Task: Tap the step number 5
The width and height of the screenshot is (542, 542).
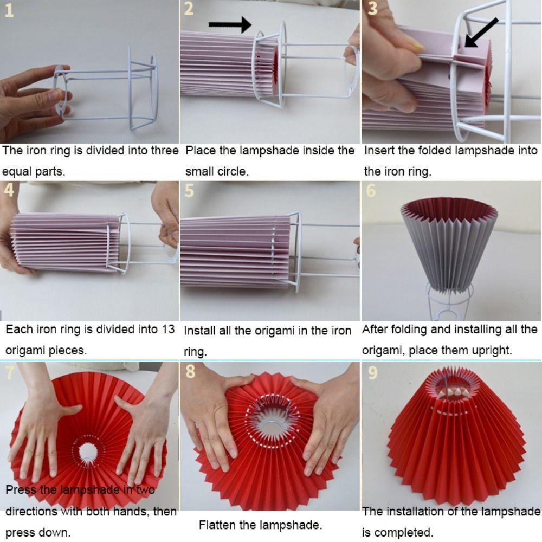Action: pyautogui.click(x=189, y=190)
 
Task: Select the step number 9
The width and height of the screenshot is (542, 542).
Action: pyautogui.click(x=373, y=373)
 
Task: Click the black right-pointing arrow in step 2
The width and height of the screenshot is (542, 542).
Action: pyautogui.click(x=230, y=24)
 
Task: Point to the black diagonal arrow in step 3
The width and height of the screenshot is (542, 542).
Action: pyautogui.click(x=481, y=32)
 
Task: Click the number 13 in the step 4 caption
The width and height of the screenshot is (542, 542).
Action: pyautogui.click(x=168, y=329)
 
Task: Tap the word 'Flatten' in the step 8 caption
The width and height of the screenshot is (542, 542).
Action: pyautogui.click(x=217, y=525)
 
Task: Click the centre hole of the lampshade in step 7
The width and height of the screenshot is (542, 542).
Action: pyautogui.click(x=88, y=452)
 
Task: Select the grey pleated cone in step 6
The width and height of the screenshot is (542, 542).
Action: pyautogui.click(x=449, y=246)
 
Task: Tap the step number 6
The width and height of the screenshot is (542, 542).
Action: pyautogui.click(x=371, y=190)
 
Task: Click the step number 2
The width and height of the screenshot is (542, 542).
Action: pyautogui.click(x=189, y=8)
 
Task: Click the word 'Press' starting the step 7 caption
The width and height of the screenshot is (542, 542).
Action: pyautogui.click(x=21, y=490)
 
